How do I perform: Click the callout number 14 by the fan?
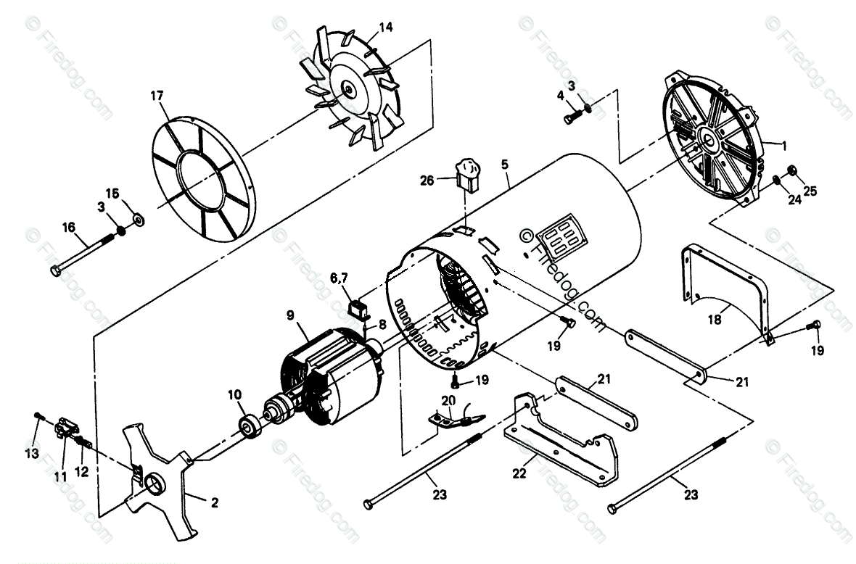(x=386, y=28)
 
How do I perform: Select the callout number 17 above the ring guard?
(x=157, y=95)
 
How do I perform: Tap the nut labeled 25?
(x=792, y=172)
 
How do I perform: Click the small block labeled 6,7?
(x=358, y=310)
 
